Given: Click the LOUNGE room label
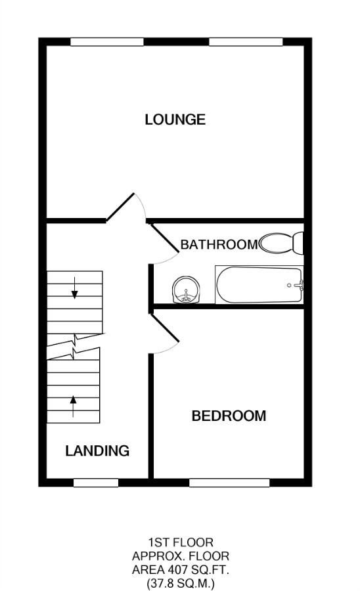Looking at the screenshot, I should [175, 120].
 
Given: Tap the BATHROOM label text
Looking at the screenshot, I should [219, 245].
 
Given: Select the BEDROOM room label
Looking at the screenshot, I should [229, 416].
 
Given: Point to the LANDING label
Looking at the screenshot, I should [97, 451].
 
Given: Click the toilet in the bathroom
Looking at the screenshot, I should [282, 244].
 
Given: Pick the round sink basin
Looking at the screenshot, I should [185, 290].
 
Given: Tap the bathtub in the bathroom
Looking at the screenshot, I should [259, 285].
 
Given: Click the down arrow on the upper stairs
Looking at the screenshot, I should [75, 288].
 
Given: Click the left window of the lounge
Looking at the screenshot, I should [107, 42].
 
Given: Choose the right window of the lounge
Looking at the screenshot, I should [246, 42].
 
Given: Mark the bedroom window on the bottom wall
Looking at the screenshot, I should [229, 483].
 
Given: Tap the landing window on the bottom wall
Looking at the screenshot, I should [96, 483].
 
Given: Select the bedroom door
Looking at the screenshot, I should [164, 328].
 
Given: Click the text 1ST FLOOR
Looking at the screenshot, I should [181, 542].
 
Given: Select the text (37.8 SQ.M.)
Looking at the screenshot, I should [181, 582].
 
